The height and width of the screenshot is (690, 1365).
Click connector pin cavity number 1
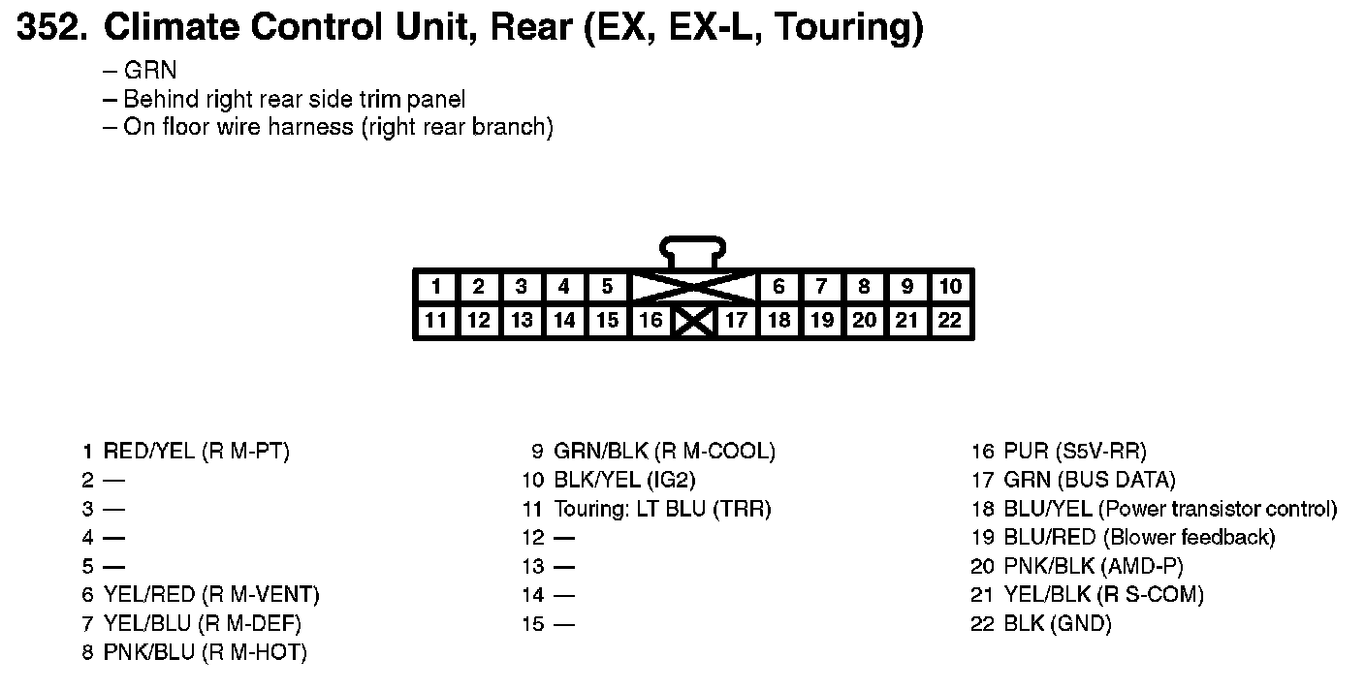click(437, 287)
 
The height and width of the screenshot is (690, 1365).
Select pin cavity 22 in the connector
click(950, 320)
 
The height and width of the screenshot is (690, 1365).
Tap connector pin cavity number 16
click(651, 320)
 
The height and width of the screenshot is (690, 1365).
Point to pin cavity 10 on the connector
click(950, 287)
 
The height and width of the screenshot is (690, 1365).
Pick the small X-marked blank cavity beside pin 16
click(694, 321)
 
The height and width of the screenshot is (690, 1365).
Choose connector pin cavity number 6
click(778, 287)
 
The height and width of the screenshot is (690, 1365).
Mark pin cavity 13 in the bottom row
click(522, 320)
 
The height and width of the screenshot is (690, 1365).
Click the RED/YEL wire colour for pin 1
click(149, 451)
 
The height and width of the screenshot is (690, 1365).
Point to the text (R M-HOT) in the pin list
click(254, 652)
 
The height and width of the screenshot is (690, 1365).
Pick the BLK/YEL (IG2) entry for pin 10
click(624, 480)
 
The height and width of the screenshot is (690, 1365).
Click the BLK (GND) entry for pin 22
click(1058, 623)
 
